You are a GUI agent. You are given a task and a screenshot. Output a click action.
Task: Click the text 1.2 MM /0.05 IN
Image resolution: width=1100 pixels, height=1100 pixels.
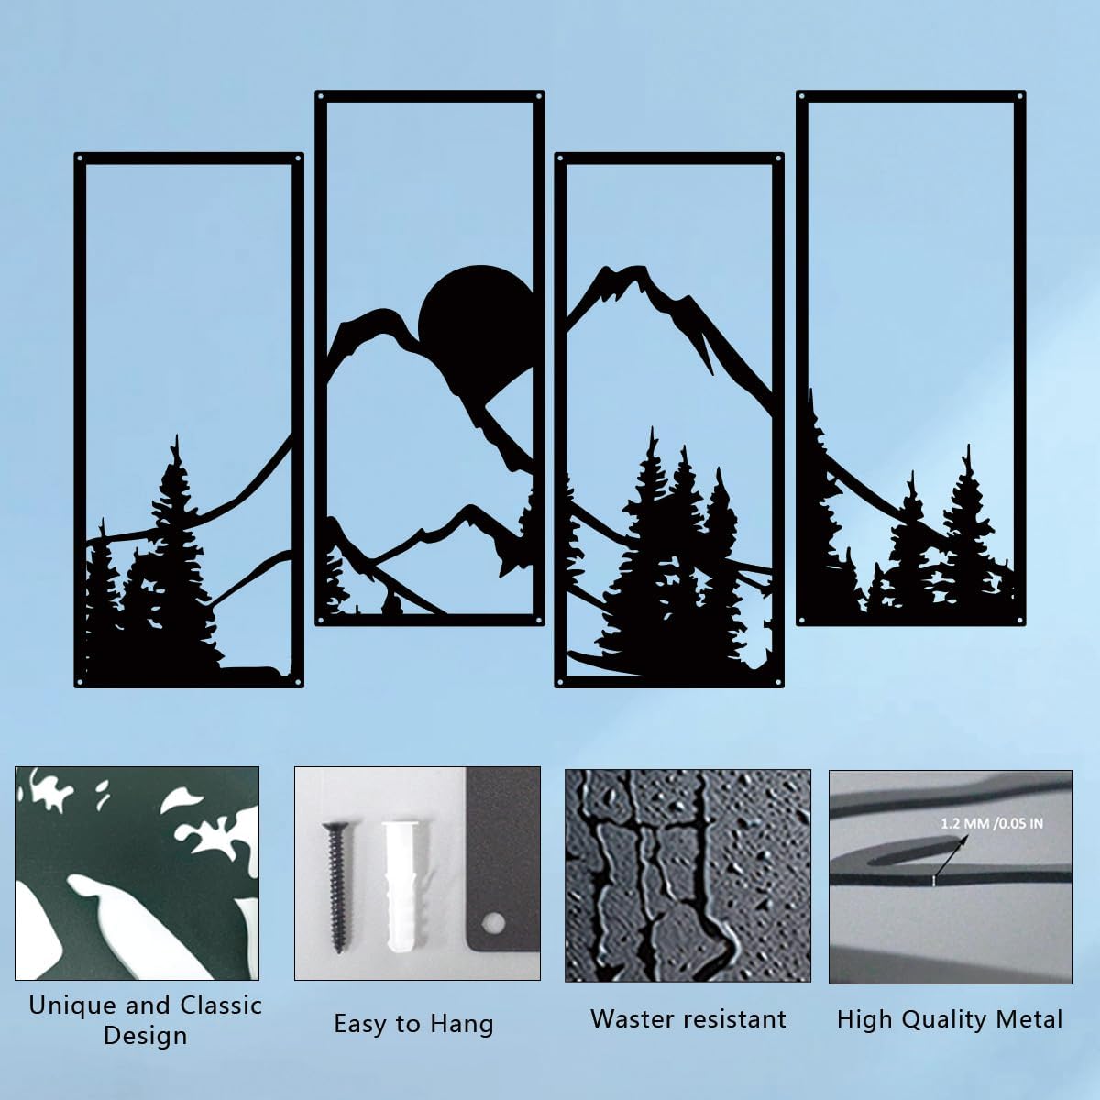[x=992, y=824]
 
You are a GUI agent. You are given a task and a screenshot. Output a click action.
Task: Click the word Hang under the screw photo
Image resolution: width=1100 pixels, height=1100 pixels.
[x=461, y=1025]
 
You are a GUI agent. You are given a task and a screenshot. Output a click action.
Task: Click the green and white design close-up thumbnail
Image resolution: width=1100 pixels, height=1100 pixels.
[x=137, y=874]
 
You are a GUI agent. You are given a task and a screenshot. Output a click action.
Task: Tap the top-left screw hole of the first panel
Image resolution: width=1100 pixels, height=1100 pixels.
[x=80, y=158]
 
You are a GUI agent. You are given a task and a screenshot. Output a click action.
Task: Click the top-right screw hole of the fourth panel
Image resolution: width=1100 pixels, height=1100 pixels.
[x=1019, y=96]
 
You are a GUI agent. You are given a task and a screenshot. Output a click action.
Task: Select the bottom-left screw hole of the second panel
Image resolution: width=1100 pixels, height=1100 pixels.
[x=320, y=620]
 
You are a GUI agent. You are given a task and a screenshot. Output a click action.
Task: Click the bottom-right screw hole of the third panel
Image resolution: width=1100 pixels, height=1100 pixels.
[x=778, y=682]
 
